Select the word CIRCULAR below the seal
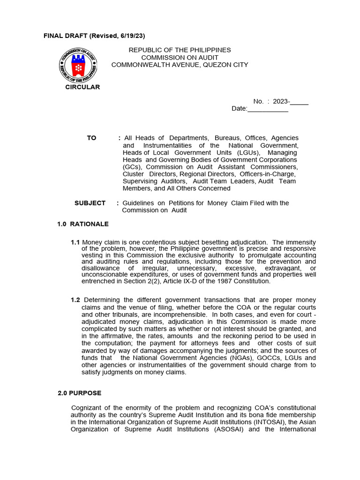coord(82,87)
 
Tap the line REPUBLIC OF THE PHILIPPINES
coord(180,50)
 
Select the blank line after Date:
coord(268,109)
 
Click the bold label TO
coord(91,138)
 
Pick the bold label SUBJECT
coord(90,203)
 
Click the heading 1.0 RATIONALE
coord(82,224)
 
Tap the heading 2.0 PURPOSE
coord(79,393)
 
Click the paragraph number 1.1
coord(75,242)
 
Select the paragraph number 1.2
coord(75,300)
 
